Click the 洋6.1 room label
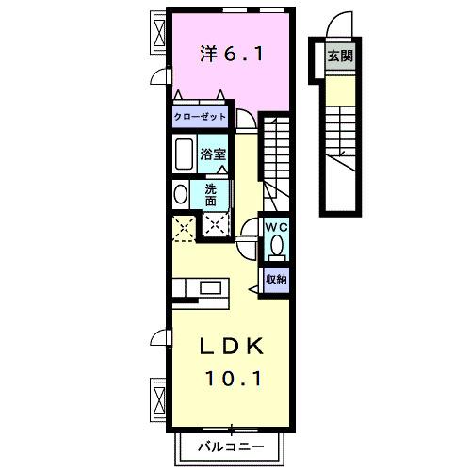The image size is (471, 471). point(231,55)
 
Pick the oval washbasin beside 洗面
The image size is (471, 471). point(180,194)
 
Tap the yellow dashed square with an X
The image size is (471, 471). point(182,226)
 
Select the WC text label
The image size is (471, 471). point(275,227)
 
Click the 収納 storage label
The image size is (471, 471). point(275,279)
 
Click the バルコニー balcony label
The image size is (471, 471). point(231,446)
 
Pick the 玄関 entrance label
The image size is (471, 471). point(340,56)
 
